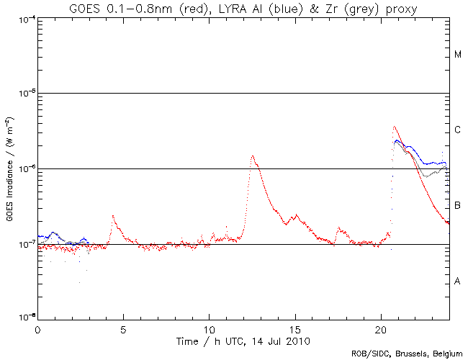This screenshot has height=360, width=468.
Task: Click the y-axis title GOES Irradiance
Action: click(9, 168)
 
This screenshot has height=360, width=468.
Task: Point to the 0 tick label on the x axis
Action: click(37, 329)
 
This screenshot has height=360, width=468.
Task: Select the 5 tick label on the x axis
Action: click(123, 329)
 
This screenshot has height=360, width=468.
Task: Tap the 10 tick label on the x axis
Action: click(209, 329)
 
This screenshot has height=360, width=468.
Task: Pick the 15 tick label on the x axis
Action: click(294, 329)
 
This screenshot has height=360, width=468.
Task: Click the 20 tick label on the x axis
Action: click(380, 329)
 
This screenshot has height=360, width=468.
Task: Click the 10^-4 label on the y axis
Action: click(25, 18)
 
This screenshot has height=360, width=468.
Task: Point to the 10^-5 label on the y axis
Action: click(25, 94)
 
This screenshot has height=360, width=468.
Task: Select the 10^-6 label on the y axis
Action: click(25, 169)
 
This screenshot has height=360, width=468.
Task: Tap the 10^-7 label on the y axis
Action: click(25, 245)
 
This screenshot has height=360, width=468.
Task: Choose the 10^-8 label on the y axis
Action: click(25, 319)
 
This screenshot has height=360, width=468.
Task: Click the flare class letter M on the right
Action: click(457, 55)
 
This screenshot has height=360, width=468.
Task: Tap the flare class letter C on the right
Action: click(457, 130)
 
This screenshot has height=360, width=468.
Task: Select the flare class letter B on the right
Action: click(457, 206)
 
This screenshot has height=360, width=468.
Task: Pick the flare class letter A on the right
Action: click(457, 282)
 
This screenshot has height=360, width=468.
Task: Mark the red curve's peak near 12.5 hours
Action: click(252, 156)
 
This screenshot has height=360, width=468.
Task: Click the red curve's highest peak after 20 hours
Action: click(394, 127)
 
